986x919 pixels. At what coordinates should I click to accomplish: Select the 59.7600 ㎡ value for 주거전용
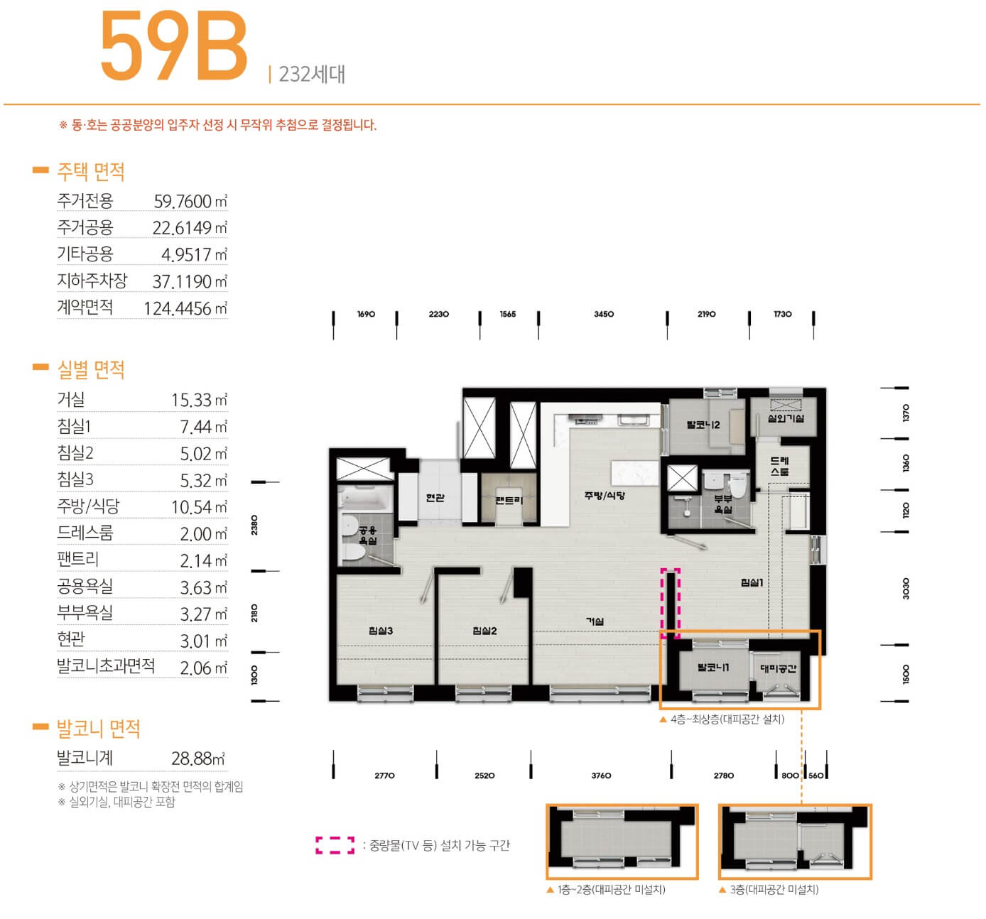coord(190,201)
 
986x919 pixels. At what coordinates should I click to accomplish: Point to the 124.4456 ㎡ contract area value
coord(185,308)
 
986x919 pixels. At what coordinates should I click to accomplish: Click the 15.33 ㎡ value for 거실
coord(199,400)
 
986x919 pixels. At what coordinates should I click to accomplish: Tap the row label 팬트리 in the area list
coord(78,560)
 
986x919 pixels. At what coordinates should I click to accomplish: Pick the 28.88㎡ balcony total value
coord(198,758)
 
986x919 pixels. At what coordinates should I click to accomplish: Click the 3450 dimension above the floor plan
coord(604,314)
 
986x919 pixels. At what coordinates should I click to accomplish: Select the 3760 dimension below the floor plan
coord(601,775)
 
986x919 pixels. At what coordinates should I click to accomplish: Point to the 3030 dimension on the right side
coord(906,588)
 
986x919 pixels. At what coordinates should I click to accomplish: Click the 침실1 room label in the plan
coord(752,582)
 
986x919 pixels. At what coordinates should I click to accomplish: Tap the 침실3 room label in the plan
coord(381,631)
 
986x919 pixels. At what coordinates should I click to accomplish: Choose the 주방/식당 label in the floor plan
coord(605,495)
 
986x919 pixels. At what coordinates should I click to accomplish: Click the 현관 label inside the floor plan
coord(435,497)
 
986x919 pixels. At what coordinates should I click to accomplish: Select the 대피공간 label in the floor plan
coord(778,668)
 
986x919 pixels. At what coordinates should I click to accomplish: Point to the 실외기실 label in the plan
coord(786,418)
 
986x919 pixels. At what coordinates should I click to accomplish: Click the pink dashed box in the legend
coord(335,846)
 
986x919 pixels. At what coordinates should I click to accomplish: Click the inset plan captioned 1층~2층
coord(622,842)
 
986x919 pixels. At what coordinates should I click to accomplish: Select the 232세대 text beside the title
coord(312,75)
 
